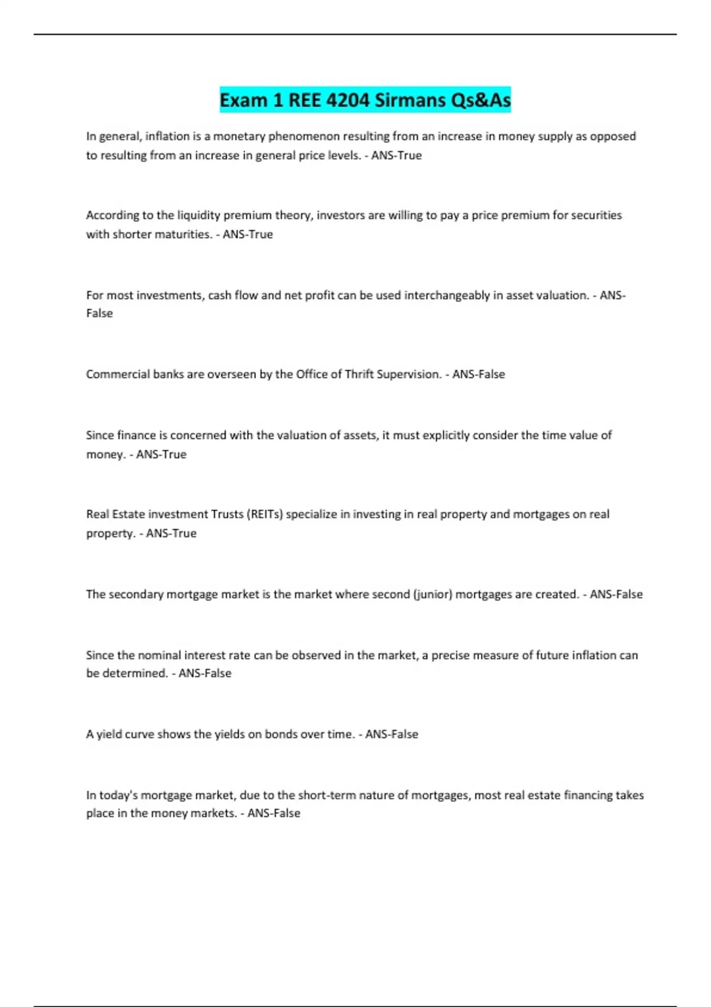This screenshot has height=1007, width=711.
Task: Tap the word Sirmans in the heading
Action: [x=410, y=100]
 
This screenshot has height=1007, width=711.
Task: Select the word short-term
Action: [x=326, y=795]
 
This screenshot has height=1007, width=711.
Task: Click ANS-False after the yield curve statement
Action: [x=392, y=735]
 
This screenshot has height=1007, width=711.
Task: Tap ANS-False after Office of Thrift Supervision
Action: [x=479, y=374]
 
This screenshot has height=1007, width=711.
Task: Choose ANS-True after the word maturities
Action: [x=248, y=235]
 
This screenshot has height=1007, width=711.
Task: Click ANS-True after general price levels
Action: [x=396, y=156]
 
